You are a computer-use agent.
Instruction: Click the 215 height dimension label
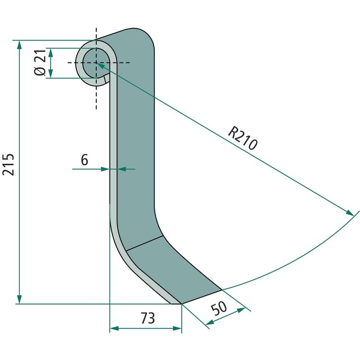click(x=9, y=165)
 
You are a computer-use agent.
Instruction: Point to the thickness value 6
click(x=84, y=159)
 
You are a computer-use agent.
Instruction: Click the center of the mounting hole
click(x=95, y=63)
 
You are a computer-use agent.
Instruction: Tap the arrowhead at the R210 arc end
click(x=350, y=212)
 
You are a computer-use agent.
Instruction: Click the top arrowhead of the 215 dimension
click(x=19, y=44)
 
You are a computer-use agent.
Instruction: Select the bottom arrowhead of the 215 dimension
click(x=19, y=300)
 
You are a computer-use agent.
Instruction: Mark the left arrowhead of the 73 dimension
click(x=114, y=329)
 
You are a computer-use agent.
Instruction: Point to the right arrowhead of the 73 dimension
click(x=178, y=329)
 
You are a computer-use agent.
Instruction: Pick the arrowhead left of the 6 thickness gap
click(x=106, y=169)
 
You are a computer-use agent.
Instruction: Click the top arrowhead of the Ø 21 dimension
click(x=51, y=51)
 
